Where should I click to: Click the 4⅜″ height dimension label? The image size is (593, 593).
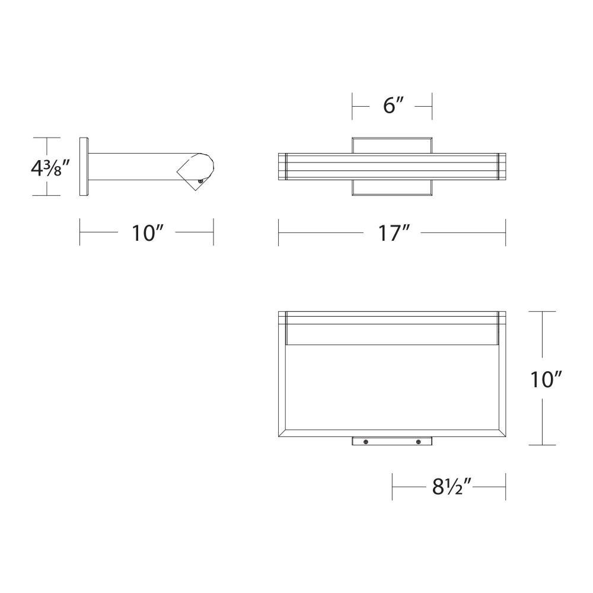point(50,168)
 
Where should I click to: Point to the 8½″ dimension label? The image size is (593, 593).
point(451,487)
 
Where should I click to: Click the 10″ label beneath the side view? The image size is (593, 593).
point(148,232)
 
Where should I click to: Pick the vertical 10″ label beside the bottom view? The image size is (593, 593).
point(546,380)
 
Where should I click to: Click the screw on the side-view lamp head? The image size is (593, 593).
point(200,181)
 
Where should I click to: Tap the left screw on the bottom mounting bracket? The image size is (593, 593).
point(366,441)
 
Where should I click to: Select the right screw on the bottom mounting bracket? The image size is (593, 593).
point(418,441)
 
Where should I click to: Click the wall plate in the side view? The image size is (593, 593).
point(84,167)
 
